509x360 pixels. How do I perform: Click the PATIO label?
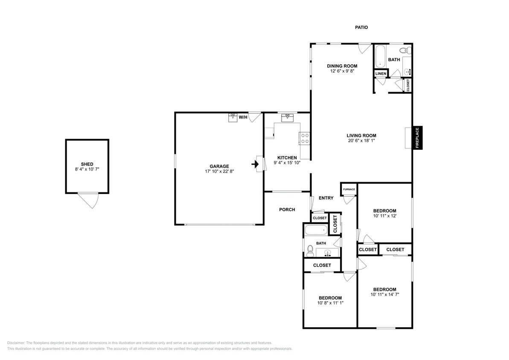tap(361, 28)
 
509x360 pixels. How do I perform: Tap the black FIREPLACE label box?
tap(417, 138)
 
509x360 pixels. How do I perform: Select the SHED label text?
tap(87, 164)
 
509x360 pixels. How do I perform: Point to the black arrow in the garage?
tap(255, 164)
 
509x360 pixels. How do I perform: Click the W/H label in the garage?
tap(243, 117)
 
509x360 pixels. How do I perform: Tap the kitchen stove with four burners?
tap(305, 138)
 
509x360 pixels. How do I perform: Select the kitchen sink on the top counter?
tap(287, 117)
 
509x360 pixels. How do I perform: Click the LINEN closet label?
tap(381, 74)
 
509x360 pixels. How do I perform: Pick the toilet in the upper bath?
tap(405, 51)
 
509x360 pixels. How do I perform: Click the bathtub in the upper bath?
tap(380, 56)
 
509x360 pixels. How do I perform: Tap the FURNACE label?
tap(349, 189)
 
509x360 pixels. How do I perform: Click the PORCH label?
tap(287, 210)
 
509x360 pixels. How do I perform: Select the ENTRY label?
tap(326, 198)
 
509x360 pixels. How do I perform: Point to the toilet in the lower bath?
tap(310, 249)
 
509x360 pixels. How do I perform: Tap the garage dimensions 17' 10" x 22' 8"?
tap(219, 171)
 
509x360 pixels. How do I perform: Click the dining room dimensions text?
tap(342, 71)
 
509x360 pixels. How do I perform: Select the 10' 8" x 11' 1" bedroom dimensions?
tap(330, 303)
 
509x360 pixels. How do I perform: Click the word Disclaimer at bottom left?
tap(16, 343)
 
